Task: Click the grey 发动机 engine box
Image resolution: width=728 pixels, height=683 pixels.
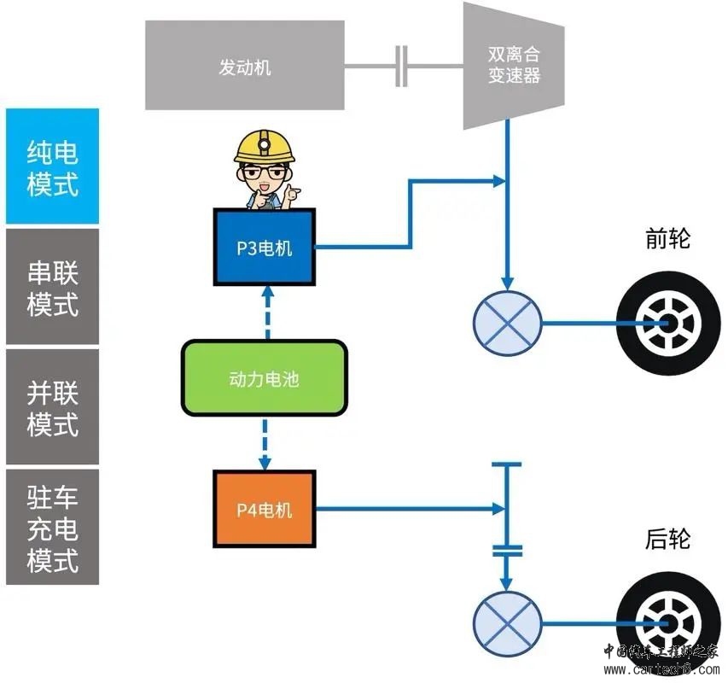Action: (244, 67)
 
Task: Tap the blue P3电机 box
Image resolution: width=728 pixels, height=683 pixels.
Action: (264, 248)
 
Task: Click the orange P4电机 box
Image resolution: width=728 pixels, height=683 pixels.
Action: (264, 510)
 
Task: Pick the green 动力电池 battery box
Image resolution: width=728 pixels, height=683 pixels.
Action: (264, 378)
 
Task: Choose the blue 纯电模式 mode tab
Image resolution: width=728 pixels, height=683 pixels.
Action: (52, 166)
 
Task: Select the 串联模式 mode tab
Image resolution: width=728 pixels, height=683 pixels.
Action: (52, 287)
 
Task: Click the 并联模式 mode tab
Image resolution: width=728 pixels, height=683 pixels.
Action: (52, 406)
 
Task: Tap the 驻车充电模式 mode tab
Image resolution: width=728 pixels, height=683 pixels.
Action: (52, 527)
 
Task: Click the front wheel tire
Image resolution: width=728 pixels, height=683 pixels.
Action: (661, 324)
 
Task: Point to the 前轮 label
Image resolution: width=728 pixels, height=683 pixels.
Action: (667, 238)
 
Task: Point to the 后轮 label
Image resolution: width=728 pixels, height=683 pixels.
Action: (667, 539)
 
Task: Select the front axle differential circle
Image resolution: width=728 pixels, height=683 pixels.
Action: (507, 324)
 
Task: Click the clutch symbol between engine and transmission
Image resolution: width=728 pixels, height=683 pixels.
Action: (402, 67)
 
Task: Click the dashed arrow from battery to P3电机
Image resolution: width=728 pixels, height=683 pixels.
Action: (265, 313)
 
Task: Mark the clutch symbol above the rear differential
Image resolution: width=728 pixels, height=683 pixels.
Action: (507, 550)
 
